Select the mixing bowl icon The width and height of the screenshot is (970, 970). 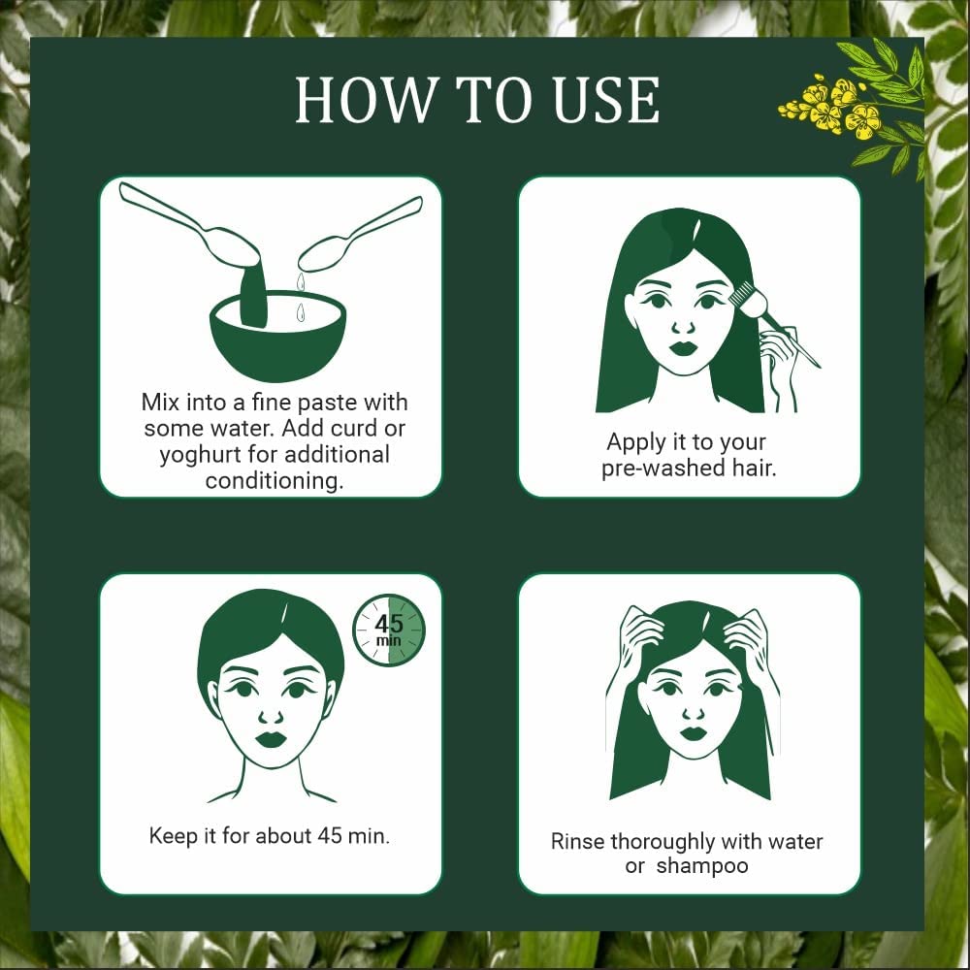(x=277, y=335)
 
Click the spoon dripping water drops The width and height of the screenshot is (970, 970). (x=359, y=235)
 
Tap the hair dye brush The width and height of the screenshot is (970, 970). (x=773, y=322)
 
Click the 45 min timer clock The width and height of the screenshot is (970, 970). (x=389, y=630)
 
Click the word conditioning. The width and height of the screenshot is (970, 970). (x=275, y=481)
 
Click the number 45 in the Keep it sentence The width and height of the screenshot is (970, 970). (x=330, y=836)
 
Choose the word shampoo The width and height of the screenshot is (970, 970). (x=702, y=866)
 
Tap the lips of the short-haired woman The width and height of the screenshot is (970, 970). (x=271, y=738)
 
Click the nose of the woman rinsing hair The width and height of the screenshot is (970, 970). (x=693, y=713)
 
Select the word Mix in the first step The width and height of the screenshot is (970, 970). (x=160, y=403)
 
